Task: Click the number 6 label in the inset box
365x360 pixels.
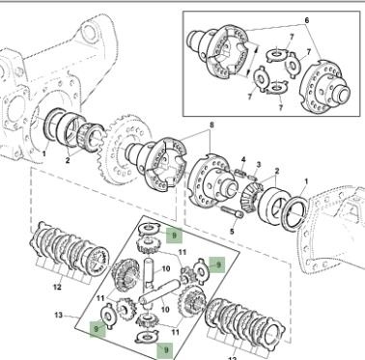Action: tap(306, 20)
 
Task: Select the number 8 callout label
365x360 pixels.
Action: tap(211, 125)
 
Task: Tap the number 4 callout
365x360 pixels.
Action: tap(243, 159)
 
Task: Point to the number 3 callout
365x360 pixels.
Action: tap(258, 164)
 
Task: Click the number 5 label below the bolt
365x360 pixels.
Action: tap(232, 231)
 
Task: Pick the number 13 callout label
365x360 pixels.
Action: tap(58, 315)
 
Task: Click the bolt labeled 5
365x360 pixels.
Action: tap(232, 211)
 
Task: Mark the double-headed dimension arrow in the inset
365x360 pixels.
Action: tap(252, 60)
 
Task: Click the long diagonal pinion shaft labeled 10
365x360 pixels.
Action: tap(159, 291)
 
